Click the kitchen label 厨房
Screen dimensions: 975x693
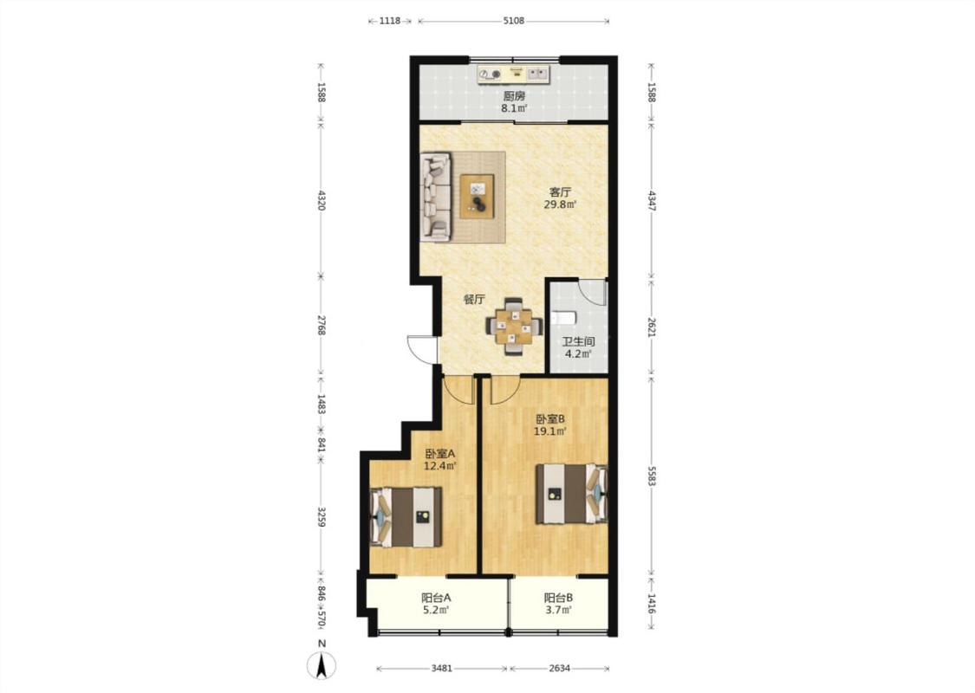coord(514,96)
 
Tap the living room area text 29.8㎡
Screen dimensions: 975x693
coord(560,204)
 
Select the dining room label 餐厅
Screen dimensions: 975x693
coord(474,300)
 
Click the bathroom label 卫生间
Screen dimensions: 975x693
coord(578,342)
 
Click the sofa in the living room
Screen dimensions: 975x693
coord(436,197)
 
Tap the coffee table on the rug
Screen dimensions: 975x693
coord(477,197)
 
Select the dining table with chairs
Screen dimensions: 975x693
coord(514,327)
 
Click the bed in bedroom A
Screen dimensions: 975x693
coord(406,517)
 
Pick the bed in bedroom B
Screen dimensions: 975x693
coord(571,494)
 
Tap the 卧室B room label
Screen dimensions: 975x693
coord(550,419)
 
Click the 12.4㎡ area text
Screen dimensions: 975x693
coord(440,466)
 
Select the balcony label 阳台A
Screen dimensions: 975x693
coord(437,598)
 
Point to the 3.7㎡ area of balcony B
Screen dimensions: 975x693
coord(558,610)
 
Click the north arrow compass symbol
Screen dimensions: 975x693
coord(322,665)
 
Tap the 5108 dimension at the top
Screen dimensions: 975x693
coord(514,21)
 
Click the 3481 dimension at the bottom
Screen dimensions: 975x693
coord(441,669)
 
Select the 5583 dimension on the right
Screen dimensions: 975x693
coord(652,476)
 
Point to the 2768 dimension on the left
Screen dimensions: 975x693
coord(322,326)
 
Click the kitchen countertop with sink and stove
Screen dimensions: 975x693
coord(514,74)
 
